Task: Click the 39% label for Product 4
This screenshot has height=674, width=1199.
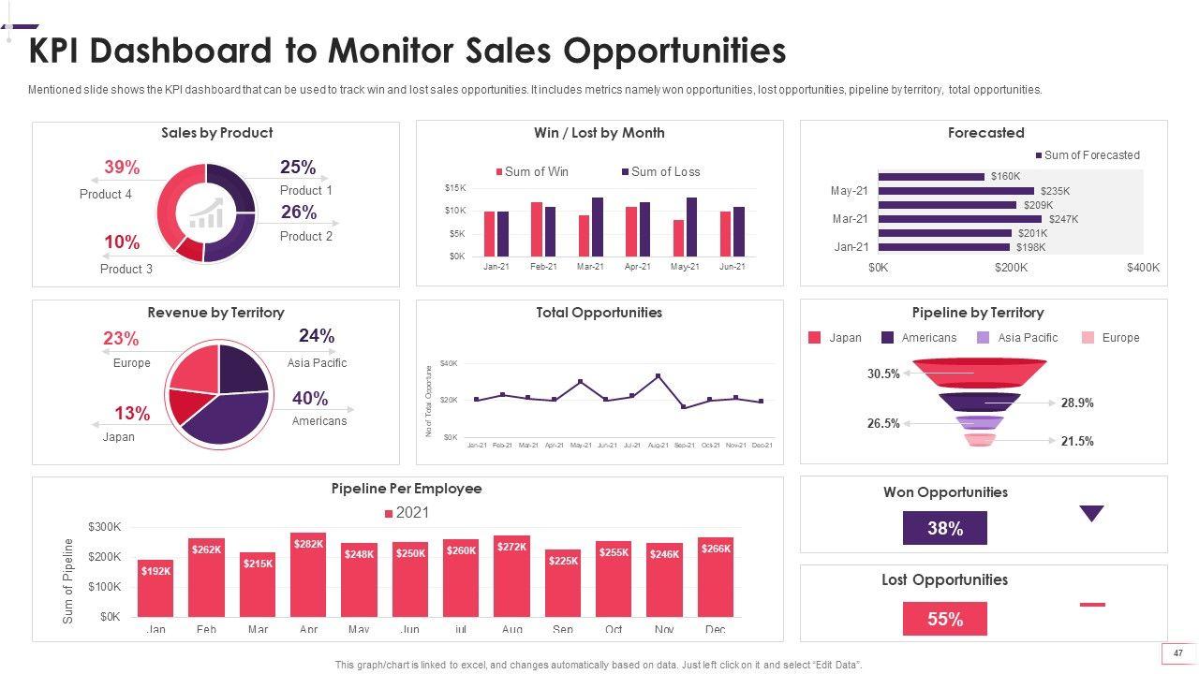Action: [122, 168]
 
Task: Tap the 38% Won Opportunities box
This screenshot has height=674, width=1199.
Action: [944, 528]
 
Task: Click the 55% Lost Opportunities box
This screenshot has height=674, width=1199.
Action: [944, 619]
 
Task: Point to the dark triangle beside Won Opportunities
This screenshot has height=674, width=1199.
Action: [1091, 513]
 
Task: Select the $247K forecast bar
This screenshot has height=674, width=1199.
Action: [959, 219]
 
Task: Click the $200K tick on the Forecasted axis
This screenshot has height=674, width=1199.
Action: [1011, 268]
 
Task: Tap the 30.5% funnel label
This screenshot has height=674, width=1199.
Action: [883, 374]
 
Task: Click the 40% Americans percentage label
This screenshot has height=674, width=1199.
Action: [310, 399]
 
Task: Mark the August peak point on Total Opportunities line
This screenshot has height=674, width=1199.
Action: [658, 376]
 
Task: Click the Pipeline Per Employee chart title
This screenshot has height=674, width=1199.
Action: [407, 489]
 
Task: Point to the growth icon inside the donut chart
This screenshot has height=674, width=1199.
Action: [207, 213]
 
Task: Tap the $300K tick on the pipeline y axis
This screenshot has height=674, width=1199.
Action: [104, 527]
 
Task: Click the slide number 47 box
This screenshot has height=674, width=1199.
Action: [1178, 653]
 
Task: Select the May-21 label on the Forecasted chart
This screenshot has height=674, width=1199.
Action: [850, 191]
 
